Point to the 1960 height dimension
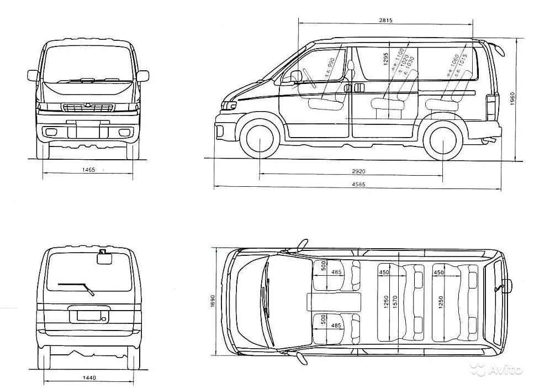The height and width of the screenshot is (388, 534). (x=512, y=99)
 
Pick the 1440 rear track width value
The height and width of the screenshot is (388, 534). (x=89, y=377)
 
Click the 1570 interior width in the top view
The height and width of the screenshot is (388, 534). (x=395, y=302)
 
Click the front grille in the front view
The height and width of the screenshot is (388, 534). (x=88, y=107)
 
